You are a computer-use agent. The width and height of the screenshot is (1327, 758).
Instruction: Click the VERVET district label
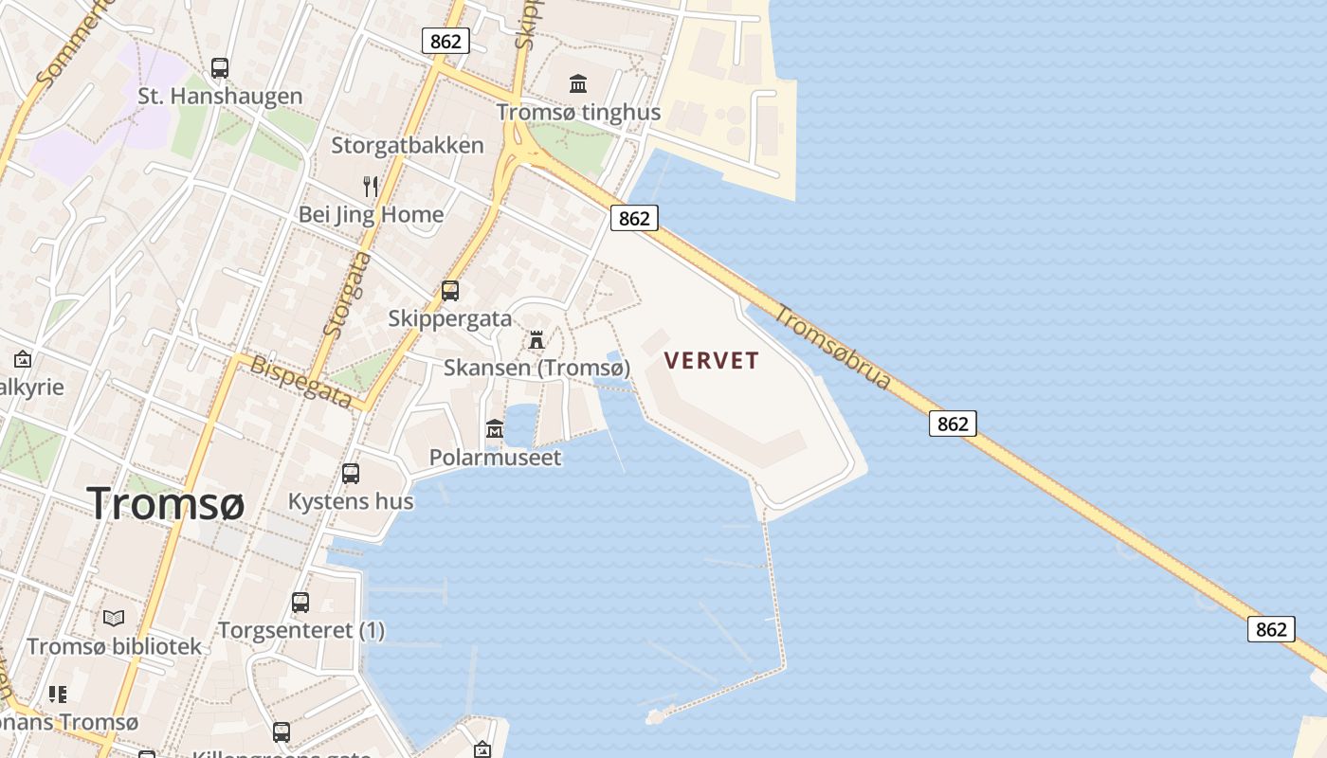(712, 361)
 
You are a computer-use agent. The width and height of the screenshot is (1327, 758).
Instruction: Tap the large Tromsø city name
(166, 503)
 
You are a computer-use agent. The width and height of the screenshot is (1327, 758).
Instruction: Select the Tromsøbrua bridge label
(833, 347)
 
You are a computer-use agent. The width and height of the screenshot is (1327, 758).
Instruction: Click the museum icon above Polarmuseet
(494, 430)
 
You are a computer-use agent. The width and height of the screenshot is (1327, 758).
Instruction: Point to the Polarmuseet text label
(495, 458)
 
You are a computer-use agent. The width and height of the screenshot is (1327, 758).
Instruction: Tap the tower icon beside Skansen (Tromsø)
(536, 340)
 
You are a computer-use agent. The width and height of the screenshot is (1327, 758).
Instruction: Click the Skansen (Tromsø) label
(536, 368)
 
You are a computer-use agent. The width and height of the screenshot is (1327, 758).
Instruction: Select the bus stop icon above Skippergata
(450, 291)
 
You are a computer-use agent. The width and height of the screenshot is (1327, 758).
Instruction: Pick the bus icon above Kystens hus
(351, 474)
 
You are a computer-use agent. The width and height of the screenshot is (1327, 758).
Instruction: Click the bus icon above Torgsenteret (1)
(300, 603)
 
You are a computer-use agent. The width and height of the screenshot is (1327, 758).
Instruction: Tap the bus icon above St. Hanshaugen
(220, 68)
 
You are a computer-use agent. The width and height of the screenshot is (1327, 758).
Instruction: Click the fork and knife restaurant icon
(371, 187)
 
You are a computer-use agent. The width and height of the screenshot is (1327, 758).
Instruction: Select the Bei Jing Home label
(371, 214)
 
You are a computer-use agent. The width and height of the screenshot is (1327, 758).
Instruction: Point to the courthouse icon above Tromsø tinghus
(578, 84)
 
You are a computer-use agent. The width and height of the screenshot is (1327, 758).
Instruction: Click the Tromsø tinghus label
(578, 113)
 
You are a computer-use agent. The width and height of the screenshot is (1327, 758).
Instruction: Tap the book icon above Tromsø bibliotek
(114, 619)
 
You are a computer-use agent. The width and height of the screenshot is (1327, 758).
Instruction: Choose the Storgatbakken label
(408, 146)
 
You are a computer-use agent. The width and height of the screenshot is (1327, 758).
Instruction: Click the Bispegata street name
(300, 382)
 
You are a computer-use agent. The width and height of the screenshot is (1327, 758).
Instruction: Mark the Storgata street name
(346, 294)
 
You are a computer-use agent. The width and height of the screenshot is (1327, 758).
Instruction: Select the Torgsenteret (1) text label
(301, 630)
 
